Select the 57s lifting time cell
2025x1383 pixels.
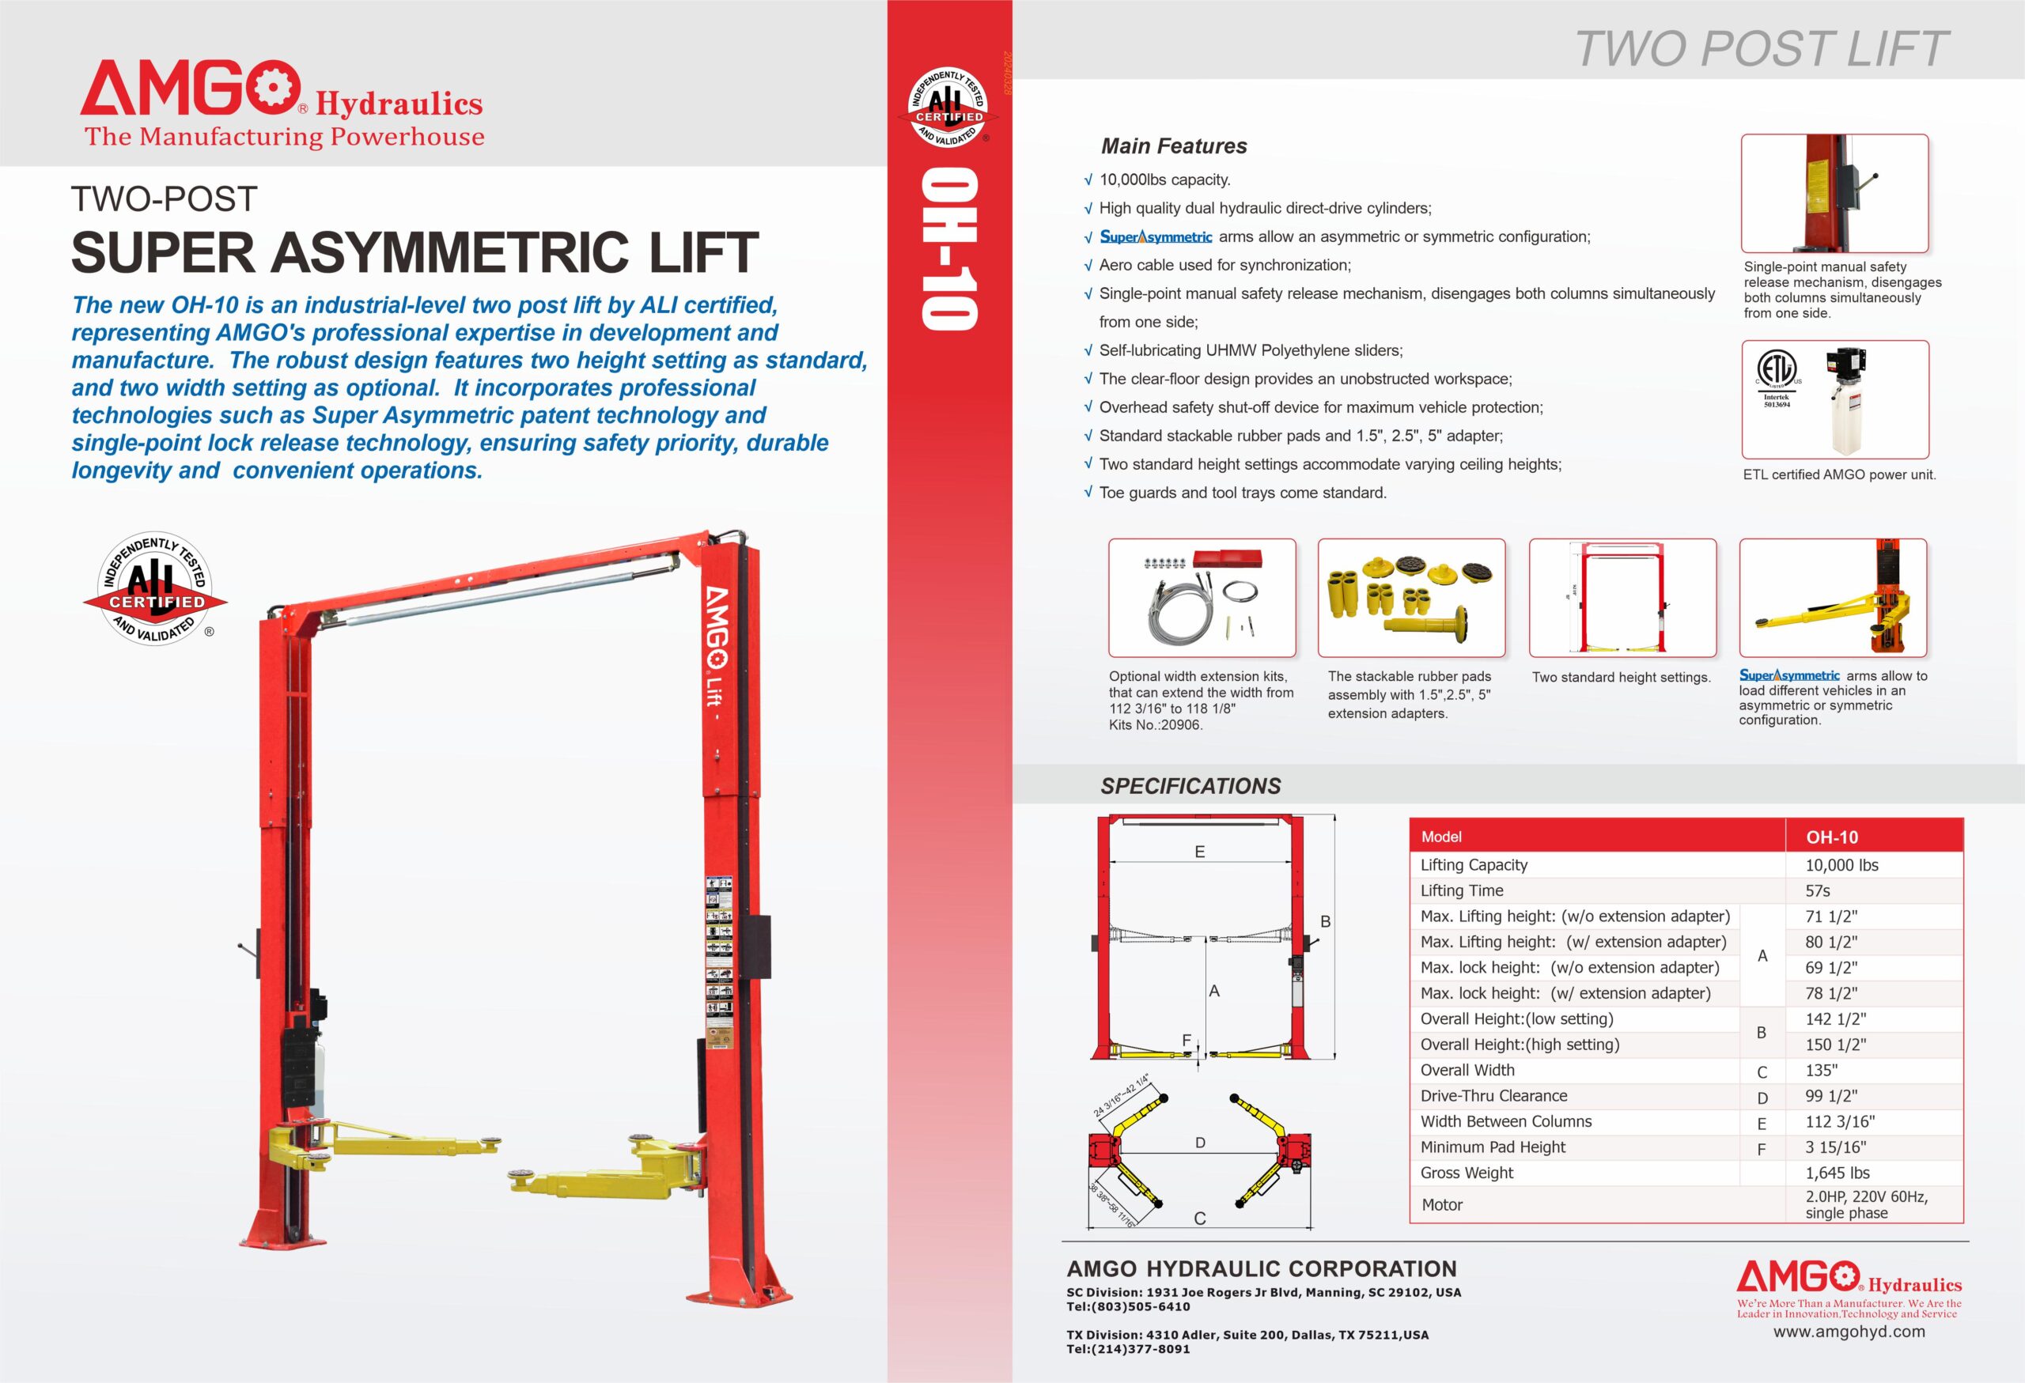tap(1818, 891)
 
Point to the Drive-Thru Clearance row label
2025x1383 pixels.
tap(1493, 1097)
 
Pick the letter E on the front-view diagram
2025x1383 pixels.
tap(1200, 852)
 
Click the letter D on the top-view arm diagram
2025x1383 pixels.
tap(1200, 1143)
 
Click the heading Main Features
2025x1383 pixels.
tap(1174, 146)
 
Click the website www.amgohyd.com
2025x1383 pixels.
tap(1849, 1332)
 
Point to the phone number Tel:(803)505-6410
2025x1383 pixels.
tap(1129, 1306)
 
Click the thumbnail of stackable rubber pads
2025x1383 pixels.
tap(1410, 598)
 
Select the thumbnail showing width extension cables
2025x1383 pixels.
tap(1202, 598)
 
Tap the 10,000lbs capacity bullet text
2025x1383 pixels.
tap(1164, 180)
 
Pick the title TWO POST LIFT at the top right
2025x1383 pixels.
tap(1762, 49)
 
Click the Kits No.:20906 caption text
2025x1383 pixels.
tap(1156, 724)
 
